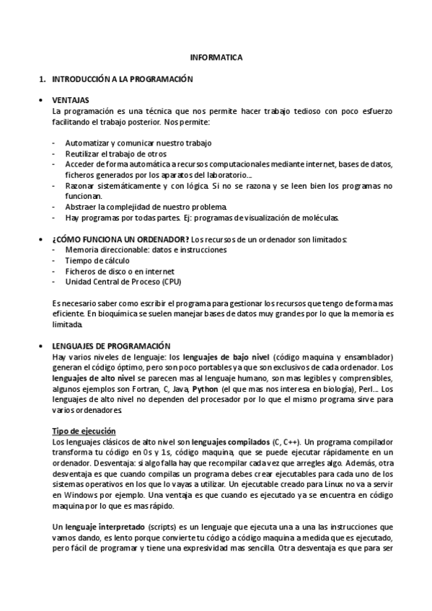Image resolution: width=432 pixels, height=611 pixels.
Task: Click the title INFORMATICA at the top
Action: (x=216, y=56)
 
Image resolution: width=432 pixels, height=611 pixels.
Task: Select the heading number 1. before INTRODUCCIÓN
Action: (x=43, y=77)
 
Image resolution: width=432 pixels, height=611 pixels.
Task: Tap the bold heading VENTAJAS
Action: (x=71, y=100)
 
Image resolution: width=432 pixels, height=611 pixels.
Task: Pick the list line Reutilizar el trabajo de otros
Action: (x=115, y=153)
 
